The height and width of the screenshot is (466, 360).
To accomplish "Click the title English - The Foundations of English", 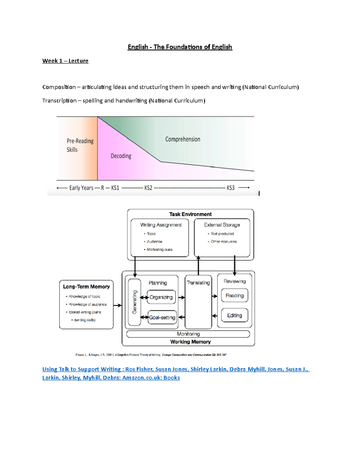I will pyautogui.click(x=180, y=47).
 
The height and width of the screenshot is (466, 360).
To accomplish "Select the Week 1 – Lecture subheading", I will pyautogui.click(x=65, y=61).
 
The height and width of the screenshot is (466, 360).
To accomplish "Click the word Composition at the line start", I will pyautogui.click(x=59, y=87).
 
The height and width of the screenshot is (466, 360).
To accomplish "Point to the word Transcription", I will pyautogui.click(x=59, y=101).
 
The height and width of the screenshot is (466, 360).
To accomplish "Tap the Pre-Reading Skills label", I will pyautogui.click(x=80, y=145).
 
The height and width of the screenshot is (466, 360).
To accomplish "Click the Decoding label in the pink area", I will pyautogui.click(x=121, y=156).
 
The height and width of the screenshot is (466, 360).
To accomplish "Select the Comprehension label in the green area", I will pyautogui.click(x=182, y=139).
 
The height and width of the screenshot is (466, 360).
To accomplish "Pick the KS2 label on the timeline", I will pyautogui.click(x=148, y=188).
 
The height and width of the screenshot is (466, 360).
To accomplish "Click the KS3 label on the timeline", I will pyautogui.click(x=230, y=188).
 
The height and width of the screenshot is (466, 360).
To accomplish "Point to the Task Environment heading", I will pyautogui.click(x=190, y=214).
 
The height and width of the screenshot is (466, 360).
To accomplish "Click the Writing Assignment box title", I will pyautogui.click(x=161, y=225).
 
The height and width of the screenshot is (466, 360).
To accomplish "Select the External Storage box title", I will pyautogui.click(x=222, y=225).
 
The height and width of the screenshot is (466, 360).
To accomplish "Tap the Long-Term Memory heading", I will pyautogui.click(x=86, y=287).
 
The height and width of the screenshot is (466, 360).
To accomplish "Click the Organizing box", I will pyautogui.click(x=161, y=297).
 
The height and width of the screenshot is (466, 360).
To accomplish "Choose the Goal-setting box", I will pyautogui.click(x=162, y=317).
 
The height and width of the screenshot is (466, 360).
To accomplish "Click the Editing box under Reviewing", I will pyautogui.click(x=234, y=315).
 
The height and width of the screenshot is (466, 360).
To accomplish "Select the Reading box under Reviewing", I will pyautogui.click(x=234, y=296).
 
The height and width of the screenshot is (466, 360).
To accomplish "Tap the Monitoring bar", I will pyautogui.click(x=188, y=334).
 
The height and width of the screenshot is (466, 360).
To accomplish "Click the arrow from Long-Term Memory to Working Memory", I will pyautogui.click(x=118, y=305).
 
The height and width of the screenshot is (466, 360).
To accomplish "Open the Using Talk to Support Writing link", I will pyautogui.click(x=175, y=369).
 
